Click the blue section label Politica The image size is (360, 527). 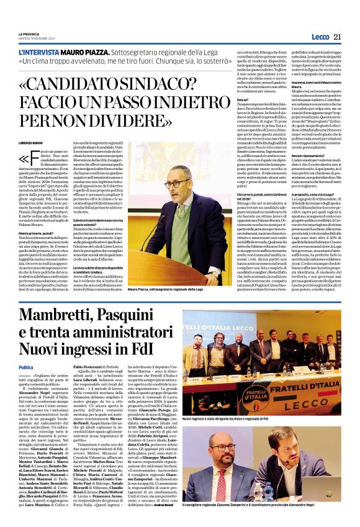pos(27,368)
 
